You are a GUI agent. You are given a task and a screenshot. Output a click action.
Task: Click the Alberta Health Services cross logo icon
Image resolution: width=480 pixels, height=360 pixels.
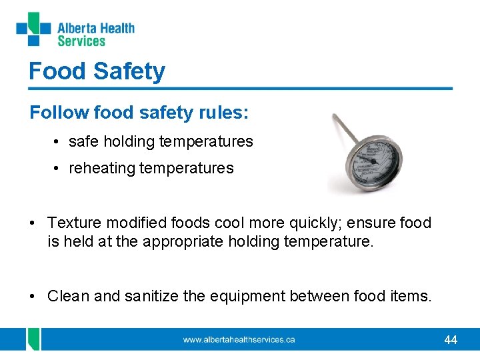point(33,29)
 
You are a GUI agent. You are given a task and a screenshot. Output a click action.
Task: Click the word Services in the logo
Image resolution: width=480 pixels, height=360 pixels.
point(81,41)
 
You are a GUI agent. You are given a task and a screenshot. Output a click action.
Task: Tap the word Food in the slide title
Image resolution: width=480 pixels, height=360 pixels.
point(52,71)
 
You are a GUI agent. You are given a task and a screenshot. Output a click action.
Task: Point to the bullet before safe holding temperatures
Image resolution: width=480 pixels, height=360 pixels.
point(59,141)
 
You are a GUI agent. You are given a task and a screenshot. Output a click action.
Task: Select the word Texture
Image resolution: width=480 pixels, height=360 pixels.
point(74,223)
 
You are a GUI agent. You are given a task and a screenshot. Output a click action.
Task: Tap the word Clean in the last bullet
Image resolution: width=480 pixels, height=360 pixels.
point(68,296)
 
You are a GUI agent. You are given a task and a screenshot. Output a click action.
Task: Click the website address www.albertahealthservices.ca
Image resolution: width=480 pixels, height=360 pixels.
point(239,340)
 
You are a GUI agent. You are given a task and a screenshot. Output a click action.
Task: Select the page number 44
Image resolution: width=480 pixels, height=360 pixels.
point(451,340)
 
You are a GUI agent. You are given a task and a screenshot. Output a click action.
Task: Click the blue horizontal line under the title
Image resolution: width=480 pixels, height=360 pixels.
point(240,88)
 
